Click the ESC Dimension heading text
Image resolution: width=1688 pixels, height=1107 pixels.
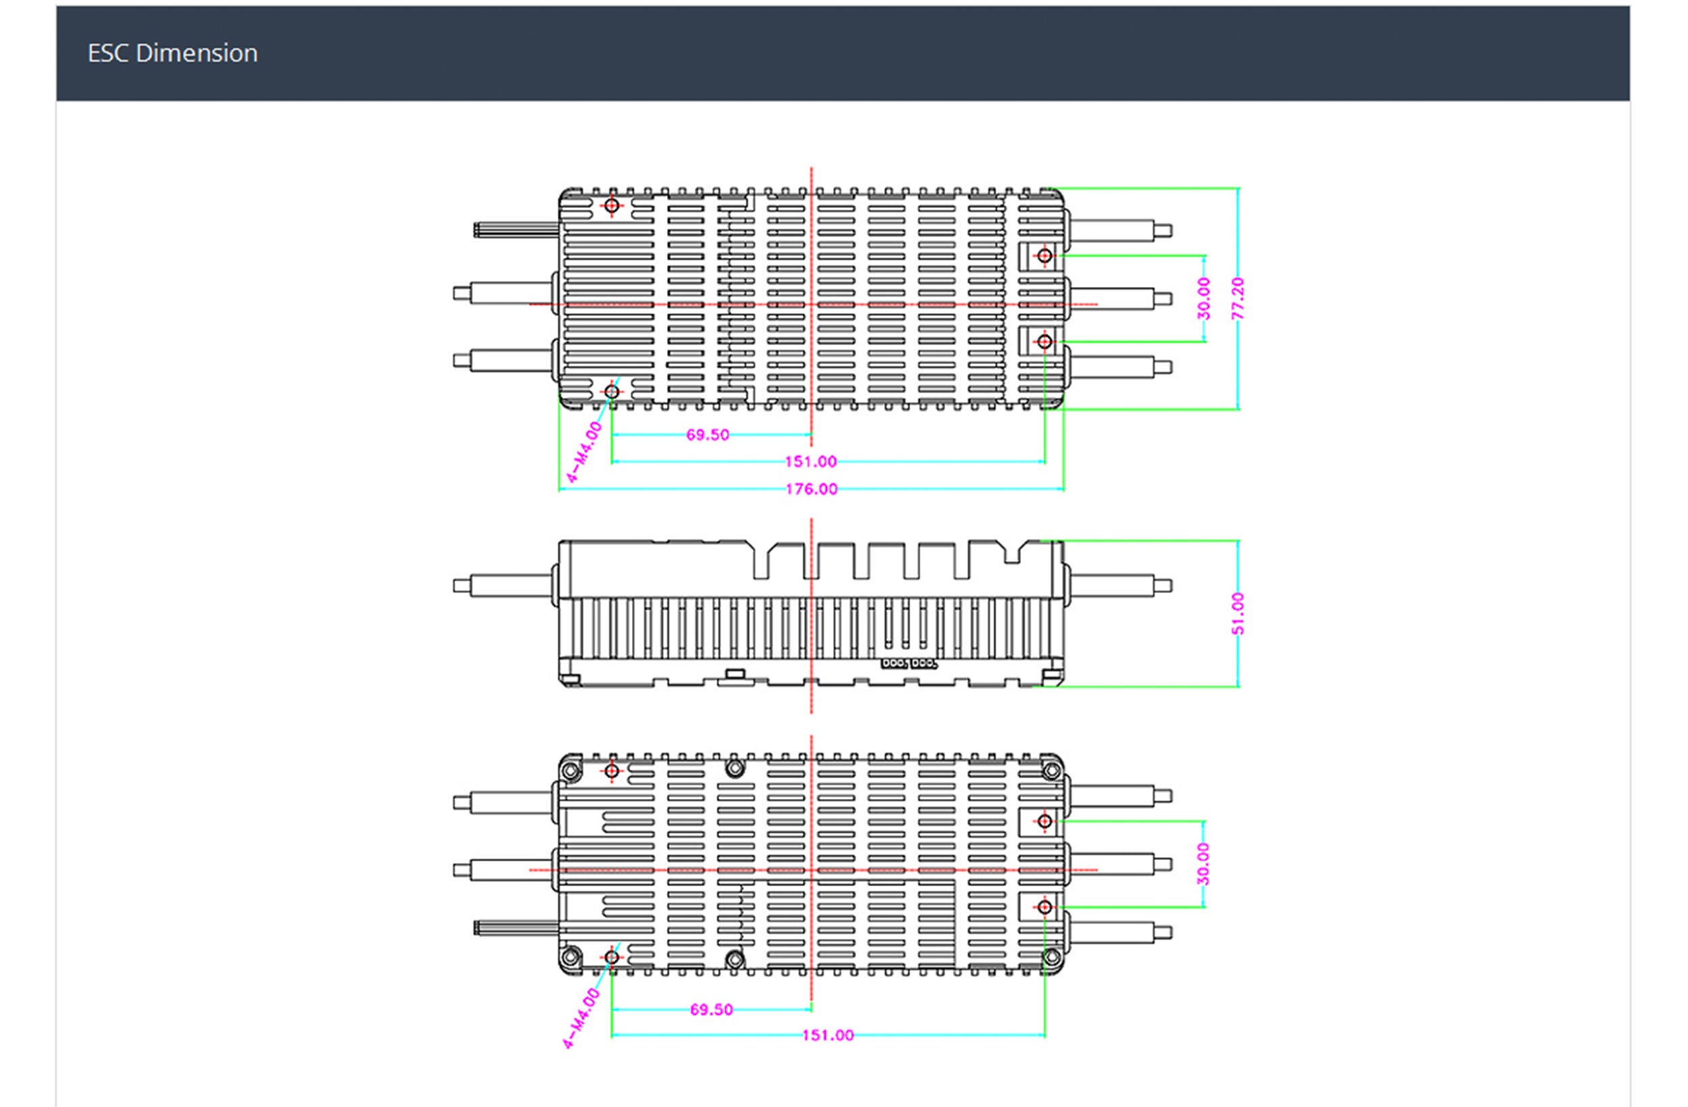(172, 53)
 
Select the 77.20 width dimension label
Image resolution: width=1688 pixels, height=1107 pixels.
(1238, 298)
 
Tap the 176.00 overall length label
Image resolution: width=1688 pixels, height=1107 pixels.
(812, 489)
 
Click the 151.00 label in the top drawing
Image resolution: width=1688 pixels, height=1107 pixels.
(811, 462)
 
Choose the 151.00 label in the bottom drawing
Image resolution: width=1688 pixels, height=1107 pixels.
(828, 1035)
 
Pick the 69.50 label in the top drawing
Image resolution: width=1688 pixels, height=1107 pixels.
(707, 435)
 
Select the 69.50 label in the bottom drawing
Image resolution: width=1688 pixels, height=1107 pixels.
(712, 1009)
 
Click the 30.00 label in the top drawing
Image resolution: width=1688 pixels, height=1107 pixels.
(1204, 298)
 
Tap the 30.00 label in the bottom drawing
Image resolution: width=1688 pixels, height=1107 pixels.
(1204, 864)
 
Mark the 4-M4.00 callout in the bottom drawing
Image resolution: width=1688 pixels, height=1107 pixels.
(581, 1019)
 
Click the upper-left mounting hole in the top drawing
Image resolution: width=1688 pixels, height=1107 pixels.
(611, 206)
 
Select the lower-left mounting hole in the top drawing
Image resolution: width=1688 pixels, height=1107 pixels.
(611, 391)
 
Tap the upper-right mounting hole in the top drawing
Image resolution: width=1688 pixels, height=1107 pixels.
(1044, 255)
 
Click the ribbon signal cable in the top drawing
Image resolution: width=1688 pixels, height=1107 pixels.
(516, 229)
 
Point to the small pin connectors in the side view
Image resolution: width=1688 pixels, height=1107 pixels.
(909, 663)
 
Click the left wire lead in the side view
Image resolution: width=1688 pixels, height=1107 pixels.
(504, 586)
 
